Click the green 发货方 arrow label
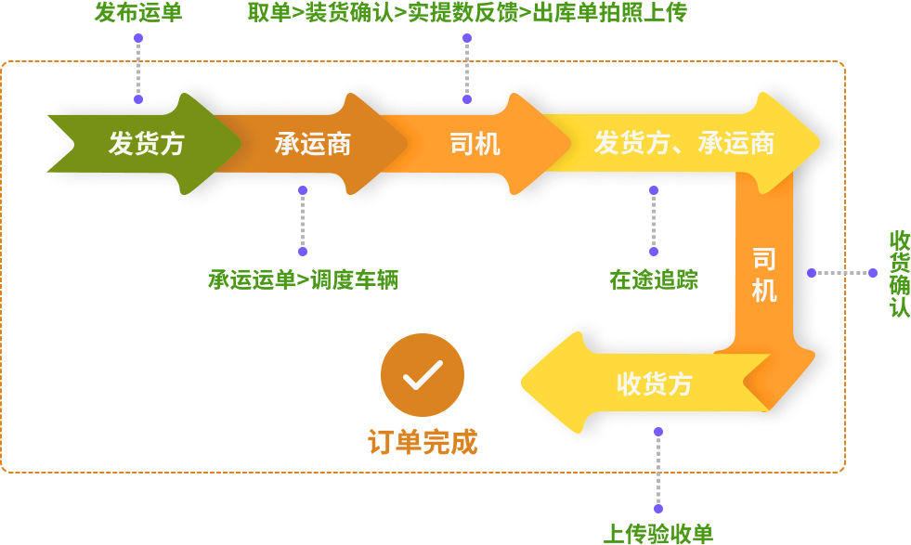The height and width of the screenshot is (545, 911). click(x=147, y=144)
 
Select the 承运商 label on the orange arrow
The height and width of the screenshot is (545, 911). click(x=312, y=144)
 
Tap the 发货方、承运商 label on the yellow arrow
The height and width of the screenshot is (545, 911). click(x=684, y=144)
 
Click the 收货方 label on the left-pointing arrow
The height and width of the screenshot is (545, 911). click(x=655, y=383)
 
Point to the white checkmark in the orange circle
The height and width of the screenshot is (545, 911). click(x=422, y=375)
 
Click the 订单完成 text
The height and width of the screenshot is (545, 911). click(x=423, y=443)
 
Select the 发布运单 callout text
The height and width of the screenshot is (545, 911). click(x=138, y=12)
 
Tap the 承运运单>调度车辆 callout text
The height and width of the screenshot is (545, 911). click(x=303, y=279)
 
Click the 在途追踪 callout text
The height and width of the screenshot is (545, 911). click(x=654, y=279)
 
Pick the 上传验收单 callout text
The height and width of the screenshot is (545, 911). click(x=658, y=534)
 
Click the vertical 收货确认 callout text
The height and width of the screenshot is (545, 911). click(x=900, y=273)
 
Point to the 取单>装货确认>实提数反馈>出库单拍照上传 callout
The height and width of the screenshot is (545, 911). click(x=467, y=12)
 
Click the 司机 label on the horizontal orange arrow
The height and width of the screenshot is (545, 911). click(x=475, y=144)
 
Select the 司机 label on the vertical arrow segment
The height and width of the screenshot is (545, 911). click(x=764, y=275)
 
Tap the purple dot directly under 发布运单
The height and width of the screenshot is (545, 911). click(x=138, y=39)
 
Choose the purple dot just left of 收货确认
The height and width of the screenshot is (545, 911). click(x=873, y=273)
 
